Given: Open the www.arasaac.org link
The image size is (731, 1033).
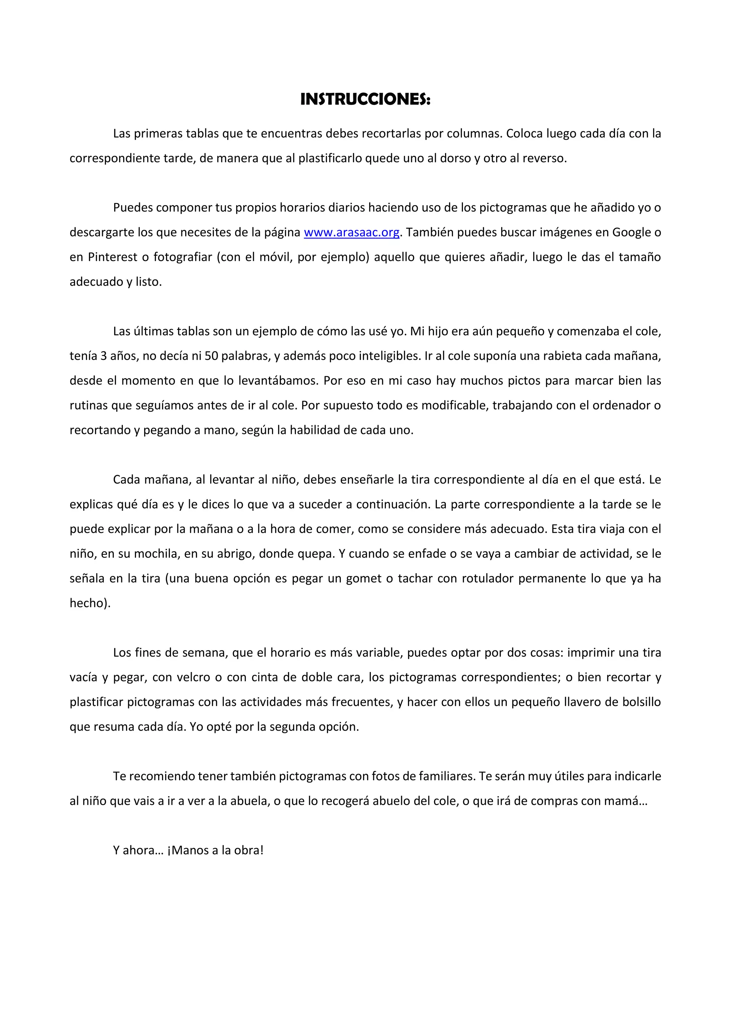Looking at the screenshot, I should pos(352,233).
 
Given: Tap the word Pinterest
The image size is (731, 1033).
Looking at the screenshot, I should pos(112,257).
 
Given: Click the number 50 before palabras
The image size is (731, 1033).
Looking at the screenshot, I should pos(211,356).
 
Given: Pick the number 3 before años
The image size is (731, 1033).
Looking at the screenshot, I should pos(103,356).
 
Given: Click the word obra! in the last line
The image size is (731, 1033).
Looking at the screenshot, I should pos(248,851).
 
